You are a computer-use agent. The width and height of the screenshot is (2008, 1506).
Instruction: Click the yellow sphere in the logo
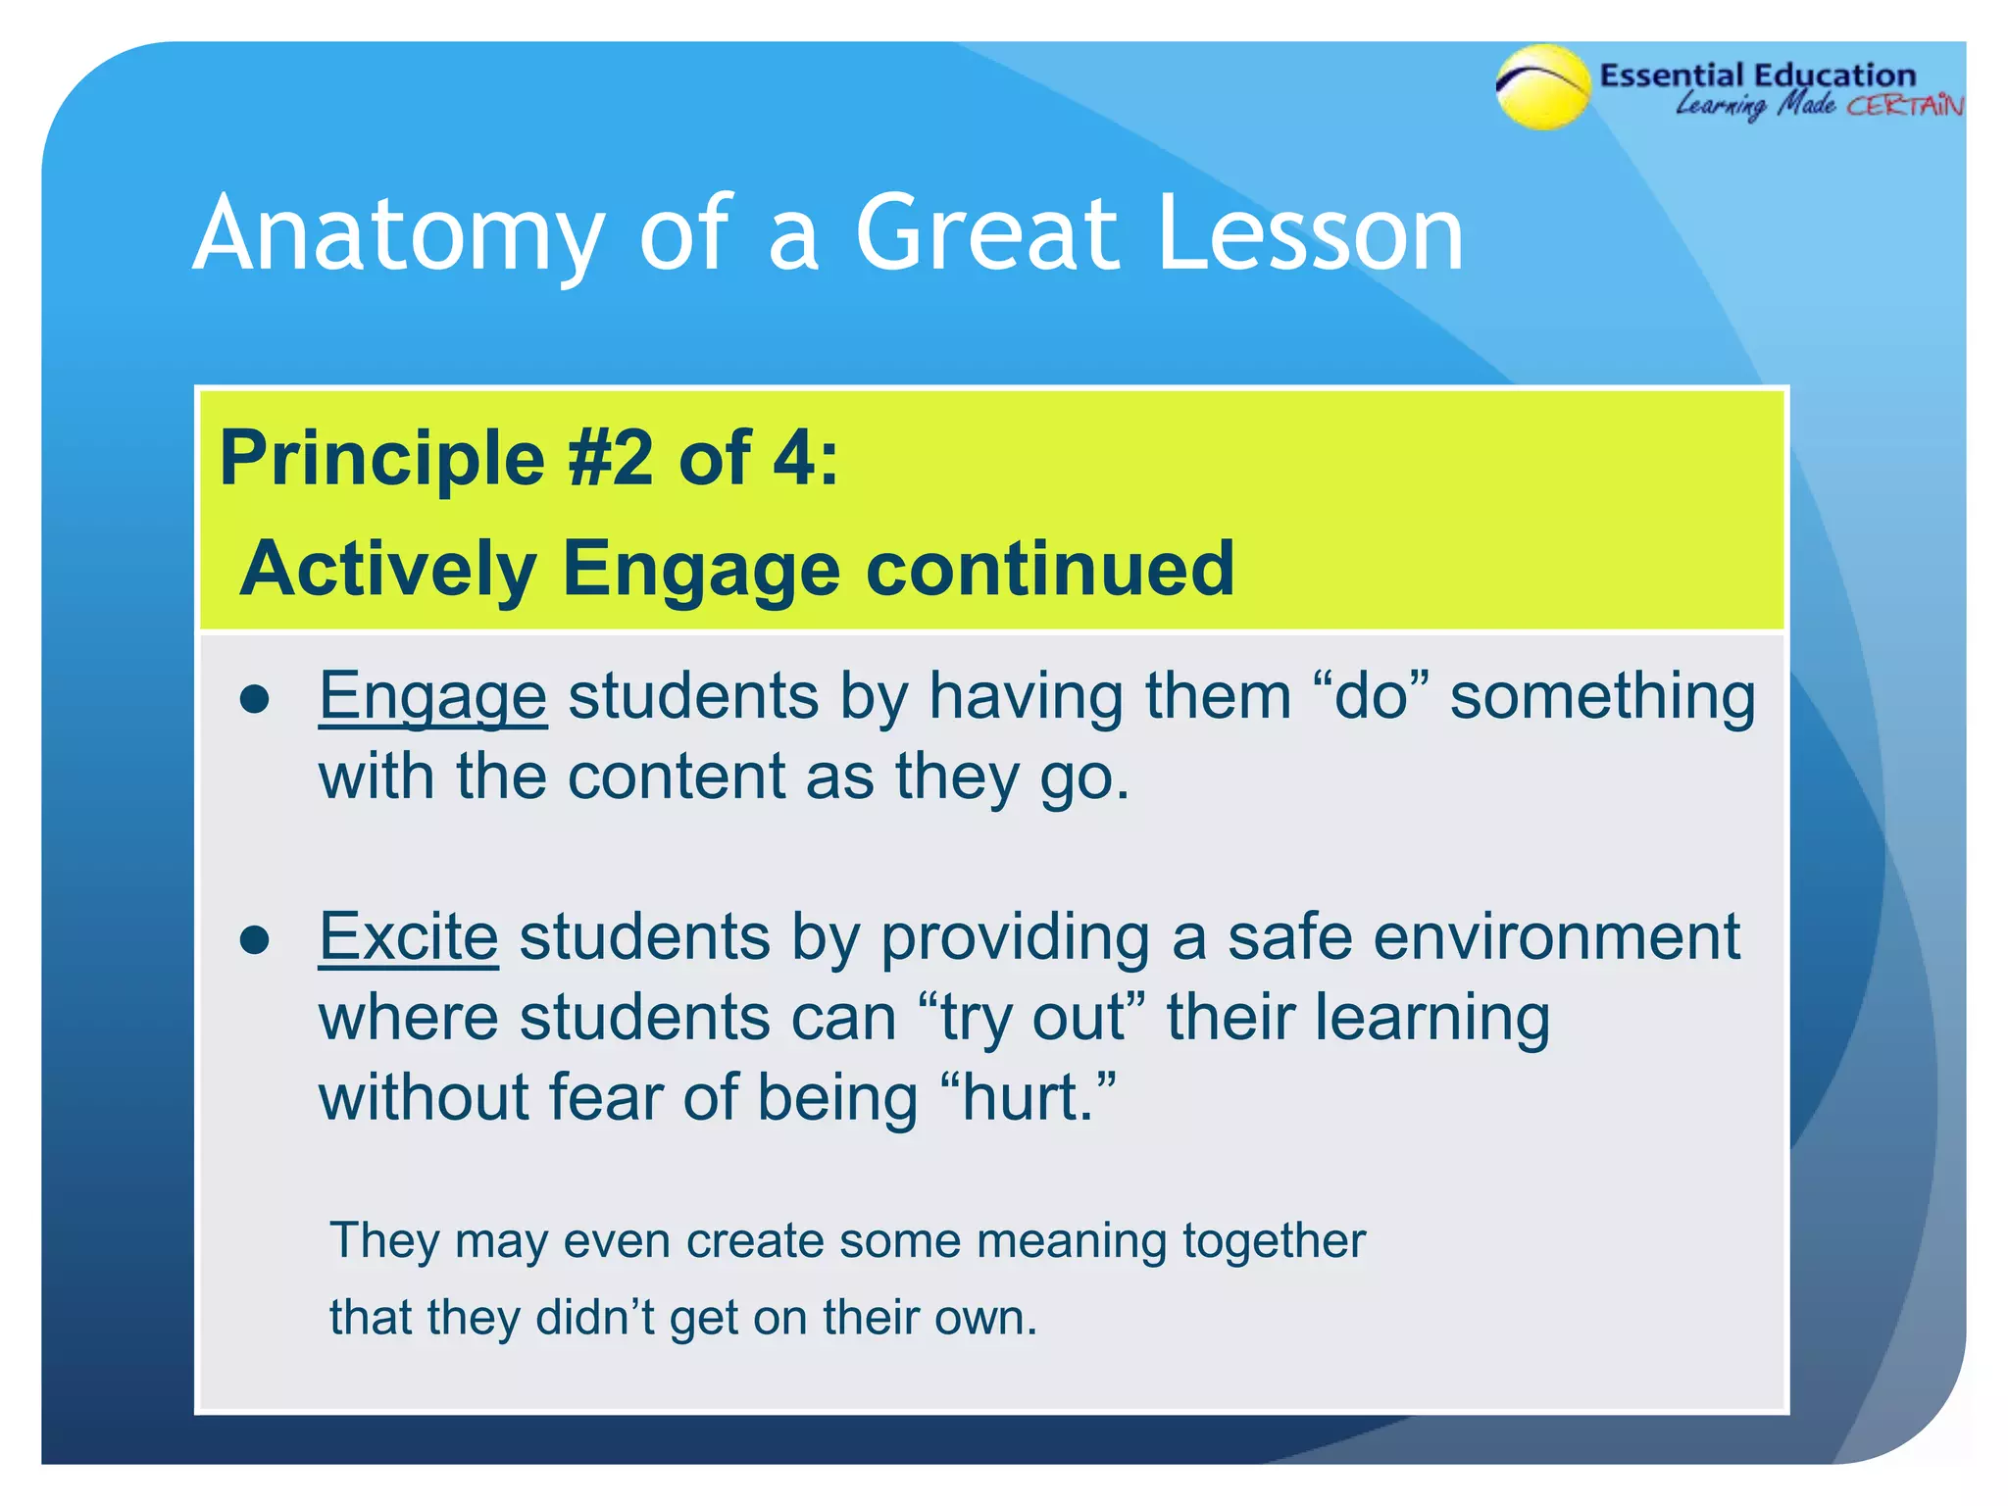point(1543,88)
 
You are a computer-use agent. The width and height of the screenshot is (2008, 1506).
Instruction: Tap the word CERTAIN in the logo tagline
point(1905,106)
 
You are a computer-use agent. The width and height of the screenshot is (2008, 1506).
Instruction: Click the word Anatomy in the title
point(397,235)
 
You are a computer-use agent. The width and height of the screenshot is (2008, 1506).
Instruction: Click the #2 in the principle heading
point(611,458)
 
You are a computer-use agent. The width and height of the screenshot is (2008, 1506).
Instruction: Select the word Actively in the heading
point(388,570)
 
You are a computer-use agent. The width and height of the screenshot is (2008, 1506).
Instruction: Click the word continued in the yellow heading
point(1049,569)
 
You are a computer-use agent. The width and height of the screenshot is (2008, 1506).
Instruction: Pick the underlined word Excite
point(409,937)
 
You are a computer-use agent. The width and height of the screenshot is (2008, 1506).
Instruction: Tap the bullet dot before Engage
point(255,700)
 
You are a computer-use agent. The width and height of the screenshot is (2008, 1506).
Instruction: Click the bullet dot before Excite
point(255,940)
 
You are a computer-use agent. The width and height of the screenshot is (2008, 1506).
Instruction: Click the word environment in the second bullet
point(1556,937)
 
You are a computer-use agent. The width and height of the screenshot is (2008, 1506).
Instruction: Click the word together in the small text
point(1274,1241)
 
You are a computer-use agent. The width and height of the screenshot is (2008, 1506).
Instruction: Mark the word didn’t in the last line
point(596,1318)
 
